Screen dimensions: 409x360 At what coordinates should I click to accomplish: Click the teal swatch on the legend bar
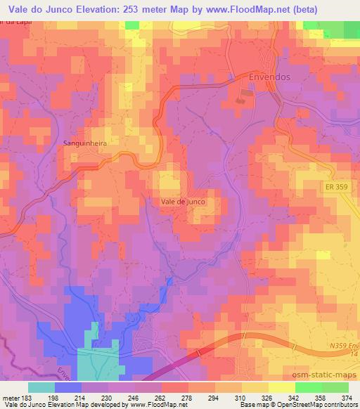[x=41, y=387]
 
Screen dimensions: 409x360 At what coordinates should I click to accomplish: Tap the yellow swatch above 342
[x=281, y=387]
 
